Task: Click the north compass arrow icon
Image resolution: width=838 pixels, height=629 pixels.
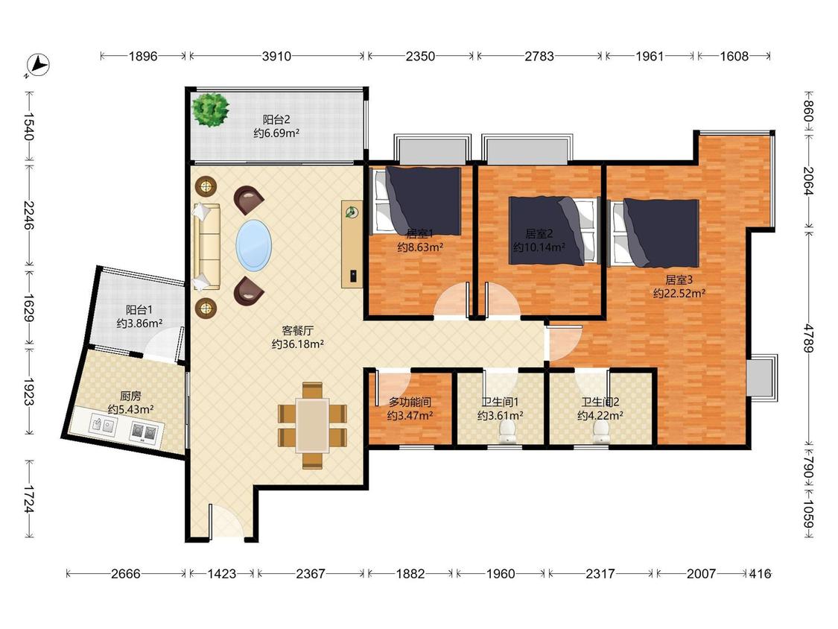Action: (x=38, y=65)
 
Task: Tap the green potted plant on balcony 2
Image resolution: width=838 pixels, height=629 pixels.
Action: (x=211, y=110)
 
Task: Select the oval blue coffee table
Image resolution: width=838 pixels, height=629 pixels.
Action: (x=254, y=245)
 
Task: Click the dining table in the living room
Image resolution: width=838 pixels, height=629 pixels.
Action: (x=313, y=426)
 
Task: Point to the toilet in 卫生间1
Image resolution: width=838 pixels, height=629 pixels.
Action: (x=507, y=432)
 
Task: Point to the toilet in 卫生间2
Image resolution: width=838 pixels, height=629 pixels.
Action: (x=601, y=432)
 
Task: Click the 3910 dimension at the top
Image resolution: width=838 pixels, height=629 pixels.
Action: (x=276, y=56)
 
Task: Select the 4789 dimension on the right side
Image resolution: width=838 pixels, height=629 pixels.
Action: (x=808, y=338)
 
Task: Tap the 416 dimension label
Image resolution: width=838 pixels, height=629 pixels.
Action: (x=760, y=574)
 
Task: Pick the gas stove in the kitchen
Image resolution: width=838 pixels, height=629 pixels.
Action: (x=145, y=432)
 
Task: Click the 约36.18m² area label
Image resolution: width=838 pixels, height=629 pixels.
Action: (x=297, y=344)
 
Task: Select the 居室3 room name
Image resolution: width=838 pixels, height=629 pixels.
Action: (x=679, y=279)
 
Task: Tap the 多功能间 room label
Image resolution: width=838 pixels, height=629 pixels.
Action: (x=410, y=402)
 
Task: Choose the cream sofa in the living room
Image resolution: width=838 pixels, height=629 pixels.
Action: (x=207, y=247)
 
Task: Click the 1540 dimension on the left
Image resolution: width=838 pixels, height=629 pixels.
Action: (x=29, y=126)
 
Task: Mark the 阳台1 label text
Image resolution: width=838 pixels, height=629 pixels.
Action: (x=139, y=310)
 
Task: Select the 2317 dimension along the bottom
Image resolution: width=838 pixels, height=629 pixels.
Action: (x=600, y=574)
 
